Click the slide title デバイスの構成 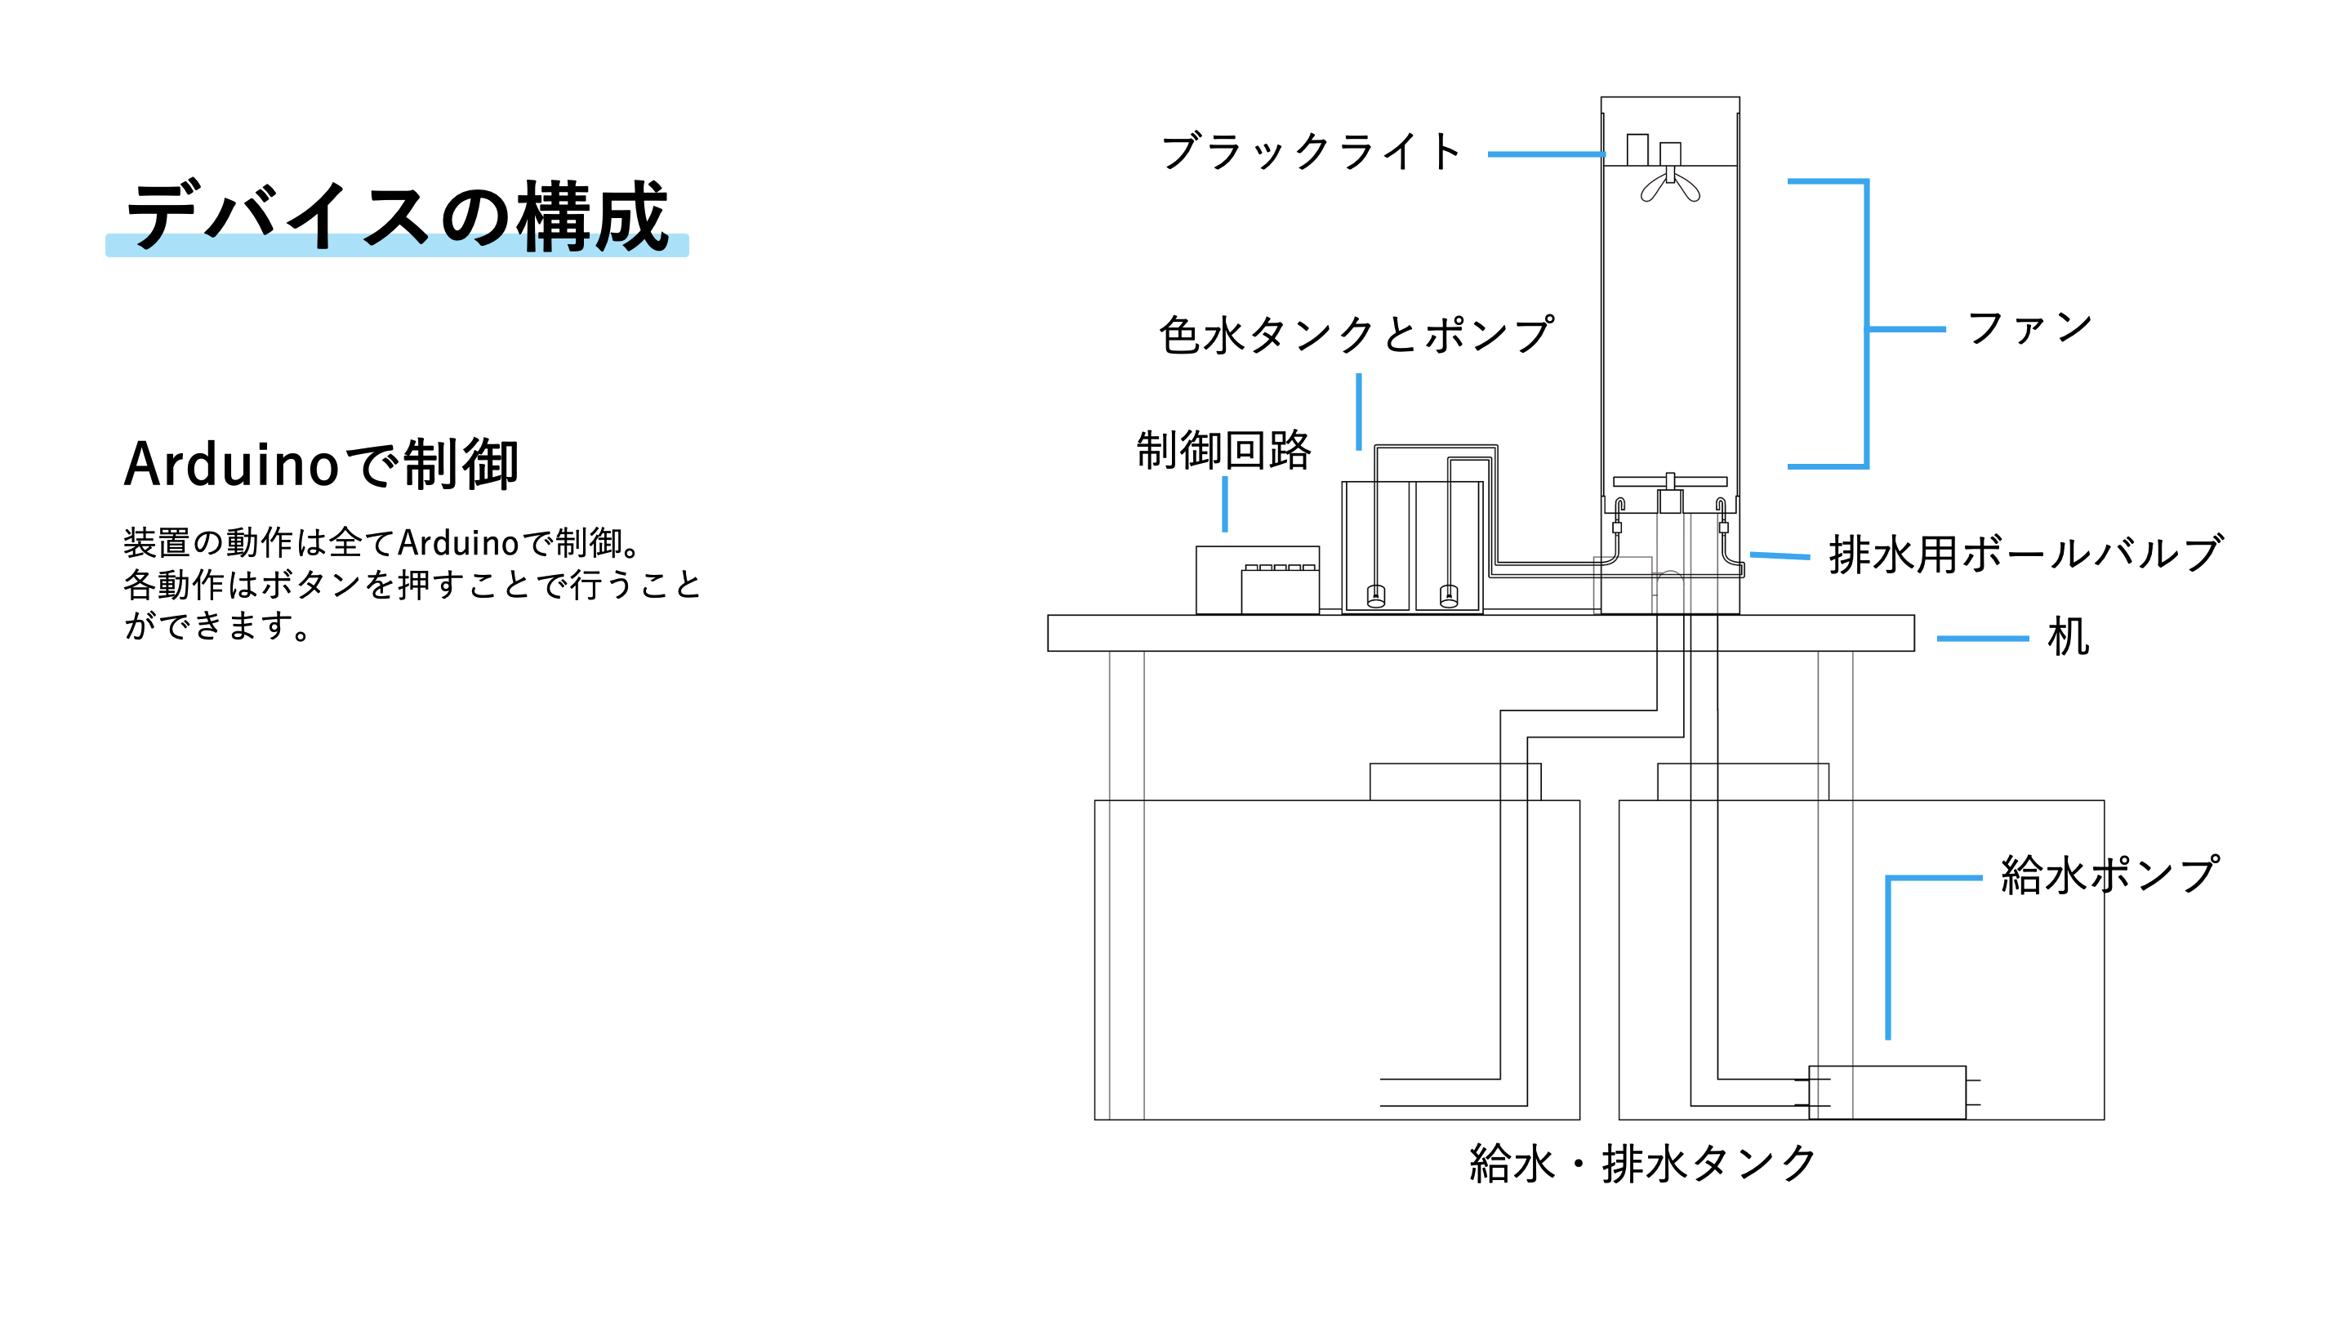[x=397, y=216]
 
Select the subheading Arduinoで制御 [x=322, y=464]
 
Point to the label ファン [x=2029, y=327]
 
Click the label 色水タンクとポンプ [x=1356, y=334]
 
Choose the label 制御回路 [x=1223, y=450]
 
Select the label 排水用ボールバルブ [x=2025, y=555]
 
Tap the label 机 [x=2067, y=636]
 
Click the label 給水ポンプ [x=2109, y=875]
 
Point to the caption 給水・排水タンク [x=1641, y=1164]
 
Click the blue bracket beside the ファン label [x=1865, y=324]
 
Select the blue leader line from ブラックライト [x=1545, y=154]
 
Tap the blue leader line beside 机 [x=1982, y=638]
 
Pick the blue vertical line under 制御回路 [x=1224, y=504]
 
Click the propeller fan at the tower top [x=1670, y=185]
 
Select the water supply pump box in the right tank [x=1887, y=1092]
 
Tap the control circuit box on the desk [x=1258, y=580]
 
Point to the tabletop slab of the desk [x=1479, y=633]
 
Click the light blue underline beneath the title [x=397, y=246]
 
